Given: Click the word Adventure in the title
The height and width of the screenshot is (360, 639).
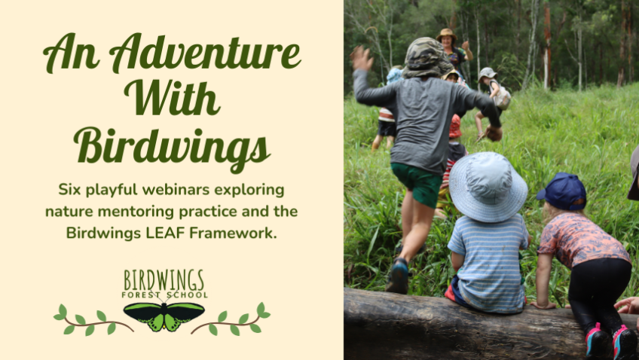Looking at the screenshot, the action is coord(205,53).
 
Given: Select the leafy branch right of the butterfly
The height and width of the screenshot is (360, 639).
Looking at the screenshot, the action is coord(231,319).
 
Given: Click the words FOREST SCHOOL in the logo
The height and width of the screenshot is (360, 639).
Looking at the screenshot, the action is coord(164,294).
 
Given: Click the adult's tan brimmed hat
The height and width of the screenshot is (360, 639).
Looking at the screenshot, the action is coord(447,34).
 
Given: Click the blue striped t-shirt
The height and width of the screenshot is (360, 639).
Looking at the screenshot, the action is coord(488,262).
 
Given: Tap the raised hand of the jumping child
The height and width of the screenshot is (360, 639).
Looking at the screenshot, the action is coord(362,58).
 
